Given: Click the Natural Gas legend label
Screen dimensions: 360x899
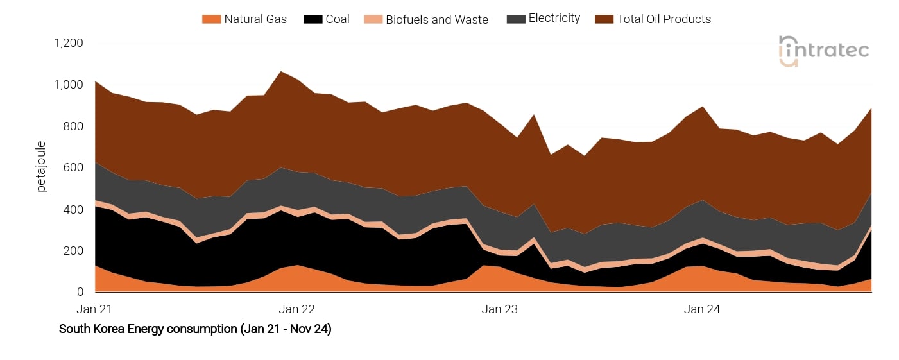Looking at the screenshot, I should (x=255, y=19).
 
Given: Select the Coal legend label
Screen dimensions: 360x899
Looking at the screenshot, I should (x=338, y=19).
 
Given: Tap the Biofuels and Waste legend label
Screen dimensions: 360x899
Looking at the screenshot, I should (x=436, y=19).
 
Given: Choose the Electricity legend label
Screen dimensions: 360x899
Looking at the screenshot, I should (x=554, y=19).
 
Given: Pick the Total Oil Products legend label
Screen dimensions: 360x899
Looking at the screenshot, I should (x=664, y=19).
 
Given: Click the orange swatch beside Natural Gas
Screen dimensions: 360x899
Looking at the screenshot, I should (x=210, y=19).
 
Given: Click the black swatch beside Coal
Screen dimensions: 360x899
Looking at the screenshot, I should (x=313, y=19).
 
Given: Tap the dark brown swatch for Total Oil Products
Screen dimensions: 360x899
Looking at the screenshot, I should (x=604, y=19).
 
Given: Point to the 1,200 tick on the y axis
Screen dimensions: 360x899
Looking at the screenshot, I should (x=69, y=43).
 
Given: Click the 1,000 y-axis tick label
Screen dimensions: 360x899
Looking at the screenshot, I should (x=69, y=85).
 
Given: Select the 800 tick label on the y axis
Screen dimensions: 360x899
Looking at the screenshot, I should (x=73, y=126).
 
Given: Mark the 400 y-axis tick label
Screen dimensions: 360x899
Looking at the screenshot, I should (x=73, y=209).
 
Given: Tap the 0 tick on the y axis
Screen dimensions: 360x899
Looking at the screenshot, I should (x=80, y=292).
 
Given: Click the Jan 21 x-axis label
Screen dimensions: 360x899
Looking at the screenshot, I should (x=94, y=309).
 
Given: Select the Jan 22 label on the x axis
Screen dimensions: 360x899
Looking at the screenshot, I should (x=298, y=309).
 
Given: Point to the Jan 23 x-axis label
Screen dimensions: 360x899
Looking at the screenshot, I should (x=500, y=309).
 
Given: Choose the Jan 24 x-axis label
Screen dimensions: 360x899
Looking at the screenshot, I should (x=702, y=309).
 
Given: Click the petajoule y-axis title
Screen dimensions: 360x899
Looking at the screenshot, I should (x=42, y=167).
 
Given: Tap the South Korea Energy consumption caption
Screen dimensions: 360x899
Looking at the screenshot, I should (x=195, y=329).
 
